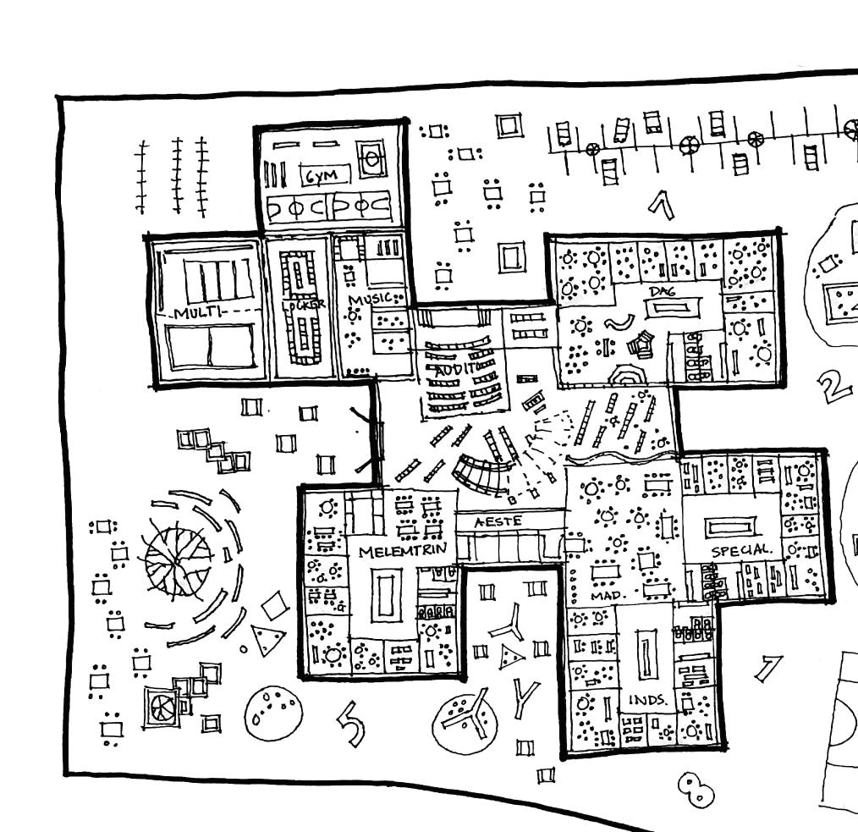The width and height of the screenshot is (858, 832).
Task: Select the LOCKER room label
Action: coord(302,305)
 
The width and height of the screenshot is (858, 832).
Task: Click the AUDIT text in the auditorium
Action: coord(455,369)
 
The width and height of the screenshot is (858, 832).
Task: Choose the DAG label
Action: coord(662,292)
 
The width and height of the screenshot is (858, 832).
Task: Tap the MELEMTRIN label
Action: coord(402,551)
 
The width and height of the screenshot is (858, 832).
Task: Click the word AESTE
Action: coord(498,522)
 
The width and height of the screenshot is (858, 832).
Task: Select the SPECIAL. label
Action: coord(741,551)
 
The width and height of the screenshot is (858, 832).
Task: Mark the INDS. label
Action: coord(647,701)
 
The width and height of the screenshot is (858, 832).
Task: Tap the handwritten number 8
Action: coord(696,790)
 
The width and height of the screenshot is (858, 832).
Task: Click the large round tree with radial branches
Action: coord(178,559)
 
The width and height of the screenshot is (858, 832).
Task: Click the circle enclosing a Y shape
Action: coord(465,719)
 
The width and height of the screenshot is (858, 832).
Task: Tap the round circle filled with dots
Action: coord(272,710)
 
